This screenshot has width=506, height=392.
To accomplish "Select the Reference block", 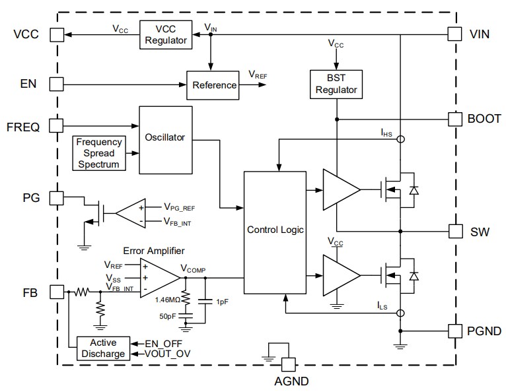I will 214,84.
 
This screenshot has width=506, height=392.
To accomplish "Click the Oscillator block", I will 165,139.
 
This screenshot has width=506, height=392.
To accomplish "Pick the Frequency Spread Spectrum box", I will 100,152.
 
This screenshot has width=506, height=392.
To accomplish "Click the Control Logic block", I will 275,230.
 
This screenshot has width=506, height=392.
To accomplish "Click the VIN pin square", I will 454,34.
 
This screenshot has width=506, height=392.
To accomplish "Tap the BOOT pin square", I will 454,119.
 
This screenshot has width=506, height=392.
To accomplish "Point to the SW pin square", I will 454,231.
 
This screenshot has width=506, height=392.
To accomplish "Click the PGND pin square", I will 454,331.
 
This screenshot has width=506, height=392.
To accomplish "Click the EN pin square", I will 56,84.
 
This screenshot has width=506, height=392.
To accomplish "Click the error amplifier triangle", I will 155,277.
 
